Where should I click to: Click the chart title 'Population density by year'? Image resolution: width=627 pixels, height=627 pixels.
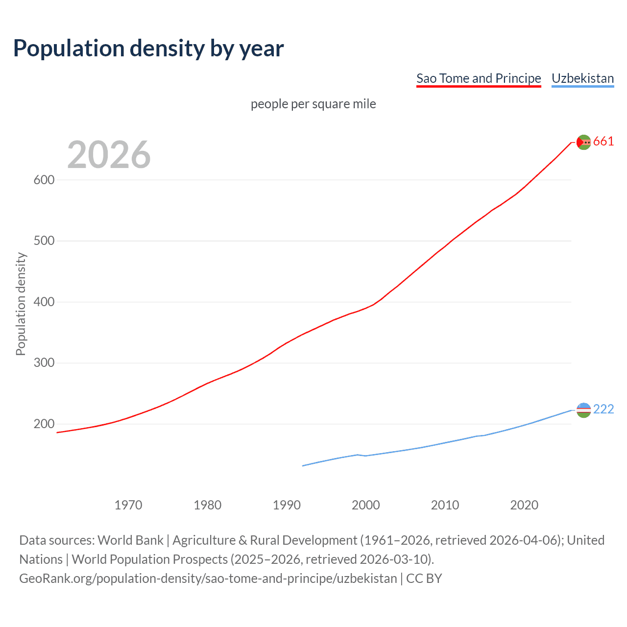148,48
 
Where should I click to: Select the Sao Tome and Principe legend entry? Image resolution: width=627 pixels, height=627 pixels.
479,78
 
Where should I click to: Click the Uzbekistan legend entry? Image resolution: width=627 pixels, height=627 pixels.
582,78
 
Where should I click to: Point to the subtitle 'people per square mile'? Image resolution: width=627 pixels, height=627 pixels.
313,104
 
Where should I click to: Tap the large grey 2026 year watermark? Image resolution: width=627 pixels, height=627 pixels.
109,155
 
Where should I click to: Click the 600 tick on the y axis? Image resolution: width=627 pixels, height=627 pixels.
44,180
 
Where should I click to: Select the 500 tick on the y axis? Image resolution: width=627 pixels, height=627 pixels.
44,241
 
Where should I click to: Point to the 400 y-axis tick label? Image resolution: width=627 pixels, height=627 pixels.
44,302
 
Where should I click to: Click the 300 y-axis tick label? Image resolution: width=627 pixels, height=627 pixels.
44,363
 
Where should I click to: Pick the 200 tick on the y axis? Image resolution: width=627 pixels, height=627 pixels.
44,424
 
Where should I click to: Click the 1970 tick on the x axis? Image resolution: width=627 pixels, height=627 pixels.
128,505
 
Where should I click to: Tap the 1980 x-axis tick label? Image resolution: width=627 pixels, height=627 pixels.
208,505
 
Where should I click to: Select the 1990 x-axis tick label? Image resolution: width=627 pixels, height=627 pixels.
287,505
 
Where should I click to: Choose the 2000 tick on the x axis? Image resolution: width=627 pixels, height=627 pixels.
366,505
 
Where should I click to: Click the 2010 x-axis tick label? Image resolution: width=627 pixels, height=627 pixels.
445,505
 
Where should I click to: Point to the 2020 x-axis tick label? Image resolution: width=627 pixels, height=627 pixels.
524,505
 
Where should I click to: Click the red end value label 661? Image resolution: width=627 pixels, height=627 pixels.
603,142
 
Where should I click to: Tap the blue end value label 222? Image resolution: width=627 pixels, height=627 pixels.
603,410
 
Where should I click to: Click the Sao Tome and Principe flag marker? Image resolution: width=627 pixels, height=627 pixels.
583,142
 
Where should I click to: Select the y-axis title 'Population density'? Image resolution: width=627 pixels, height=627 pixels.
21,304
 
